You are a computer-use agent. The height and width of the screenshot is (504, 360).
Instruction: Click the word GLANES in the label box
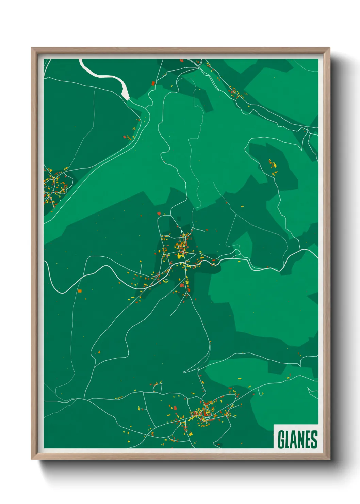click(297, 440)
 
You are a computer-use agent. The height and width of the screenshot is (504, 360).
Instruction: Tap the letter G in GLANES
click(281, 440)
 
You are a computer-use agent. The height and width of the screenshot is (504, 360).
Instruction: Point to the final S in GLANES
click(314, 440)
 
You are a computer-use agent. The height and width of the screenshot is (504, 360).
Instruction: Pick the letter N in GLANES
click(301, 440)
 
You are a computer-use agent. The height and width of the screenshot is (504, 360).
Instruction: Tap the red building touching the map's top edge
click(181, 61)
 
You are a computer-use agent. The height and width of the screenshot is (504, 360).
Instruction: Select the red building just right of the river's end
click(153, 83)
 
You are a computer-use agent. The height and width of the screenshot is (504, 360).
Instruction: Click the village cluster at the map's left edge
click(54, 186)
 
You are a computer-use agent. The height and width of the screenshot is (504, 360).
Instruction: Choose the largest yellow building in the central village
click(179, 255)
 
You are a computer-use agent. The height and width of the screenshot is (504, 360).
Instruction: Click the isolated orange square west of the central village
click(80, 291)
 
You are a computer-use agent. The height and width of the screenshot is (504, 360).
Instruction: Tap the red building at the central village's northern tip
click(159, 214)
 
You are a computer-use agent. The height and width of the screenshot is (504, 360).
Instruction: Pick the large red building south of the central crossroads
click(182, 285)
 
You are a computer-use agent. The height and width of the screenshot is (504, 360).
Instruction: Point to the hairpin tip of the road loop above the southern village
click(184, 372)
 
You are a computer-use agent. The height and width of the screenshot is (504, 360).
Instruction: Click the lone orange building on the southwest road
click(99, 352)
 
